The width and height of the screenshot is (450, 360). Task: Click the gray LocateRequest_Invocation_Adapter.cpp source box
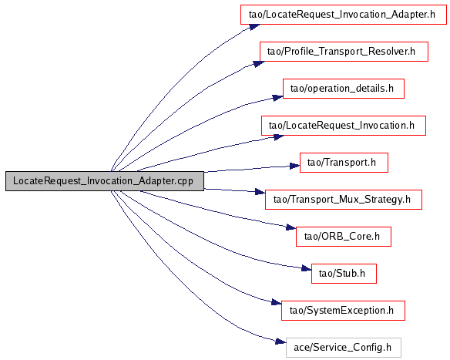(105, 181)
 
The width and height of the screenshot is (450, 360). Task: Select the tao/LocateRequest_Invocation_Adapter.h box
(344, 15)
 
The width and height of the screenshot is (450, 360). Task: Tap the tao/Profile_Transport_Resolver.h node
(344, 52)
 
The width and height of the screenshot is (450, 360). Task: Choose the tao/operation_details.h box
(344, 89)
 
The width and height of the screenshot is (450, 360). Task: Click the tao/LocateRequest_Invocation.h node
(344, 126)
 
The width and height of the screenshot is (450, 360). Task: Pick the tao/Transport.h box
(344, 163)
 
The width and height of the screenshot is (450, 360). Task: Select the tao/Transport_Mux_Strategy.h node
(344, 200)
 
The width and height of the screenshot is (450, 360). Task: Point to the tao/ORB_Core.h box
(344, 237)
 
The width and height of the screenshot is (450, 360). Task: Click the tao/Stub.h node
(344, 274)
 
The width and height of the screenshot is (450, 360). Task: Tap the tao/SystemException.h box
(343, 311)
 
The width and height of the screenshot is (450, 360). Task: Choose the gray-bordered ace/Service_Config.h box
(344, 348)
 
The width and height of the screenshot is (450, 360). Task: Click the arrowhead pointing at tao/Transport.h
(295, 166)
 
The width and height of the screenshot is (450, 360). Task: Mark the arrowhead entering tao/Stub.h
(307, 268)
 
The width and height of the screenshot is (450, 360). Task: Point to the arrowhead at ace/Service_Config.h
(280, 341)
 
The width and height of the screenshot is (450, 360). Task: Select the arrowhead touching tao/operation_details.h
(277, 98)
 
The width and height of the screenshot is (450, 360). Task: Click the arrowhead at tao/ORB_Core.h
(290, 228)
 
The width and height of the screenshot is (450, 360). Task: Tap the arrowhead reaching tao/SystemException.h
(276, 303)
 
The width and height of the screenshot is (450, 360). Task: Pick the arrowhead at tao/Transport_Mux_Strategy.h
(260, 192)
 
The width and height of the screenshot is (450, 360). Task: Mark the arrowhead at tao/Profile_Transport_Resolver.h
(259, 63)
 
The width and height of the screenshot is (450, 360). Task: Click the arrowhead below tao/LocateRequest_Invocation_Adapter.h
(254, 27)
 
